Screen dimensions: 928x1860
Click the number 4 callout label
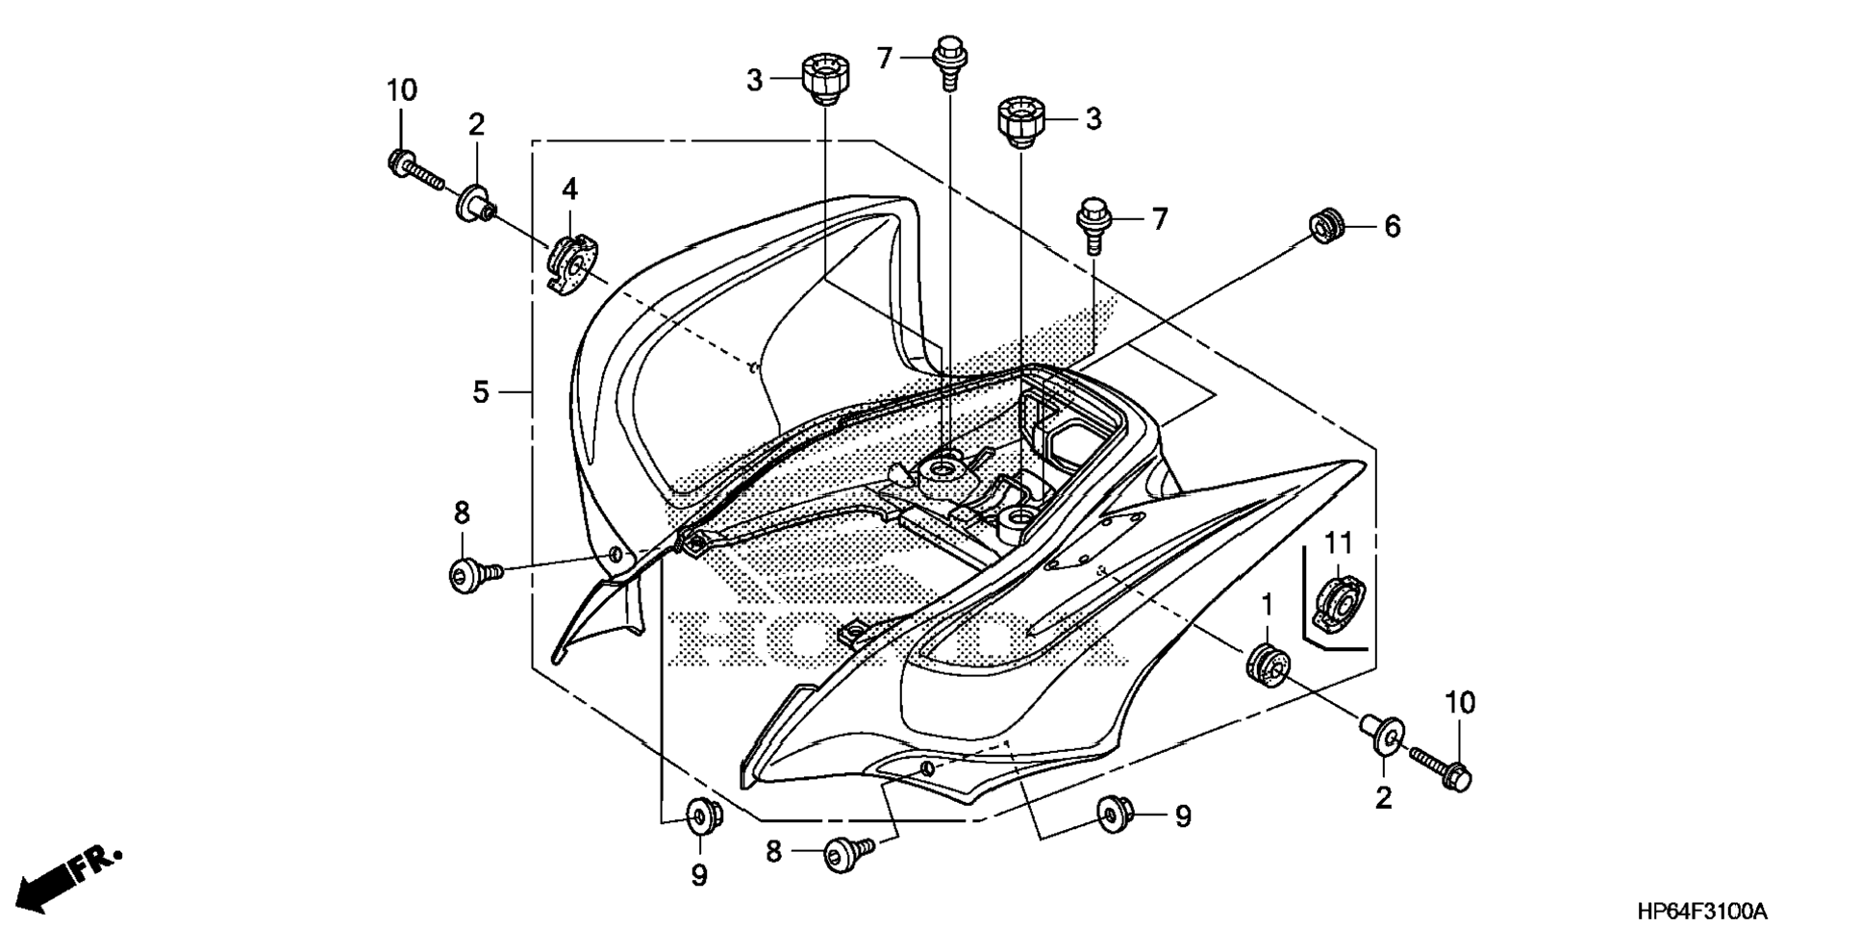pos(570,189)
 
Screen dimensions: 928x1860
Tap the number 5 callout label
pos(481,392)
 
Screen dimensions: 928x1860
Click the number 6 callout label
pos(1392,227)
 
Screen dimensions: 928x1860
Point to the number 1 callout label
pos(1267,605)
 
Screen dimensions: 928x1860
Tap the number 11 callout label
pos(1339,544)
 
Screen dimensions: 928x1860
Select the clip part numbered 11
pos(1338,603)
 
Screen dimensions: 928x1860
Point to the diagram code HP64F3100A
pos(1703,911)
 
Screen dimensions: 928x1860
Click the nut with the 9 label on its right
pos(1114,814)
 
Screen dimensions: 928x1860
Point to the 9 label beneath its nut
pos(699,876)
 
